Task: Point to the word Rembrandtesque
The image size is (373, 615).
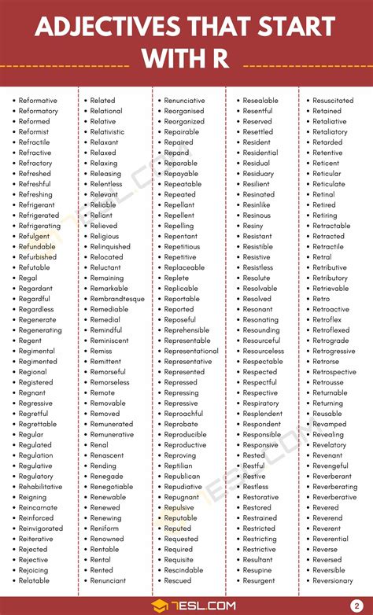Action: (117, 299)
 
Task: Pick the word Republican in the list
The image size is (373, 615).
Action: (182, 477)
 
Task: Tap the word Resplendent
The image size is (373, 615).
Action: (262, 414)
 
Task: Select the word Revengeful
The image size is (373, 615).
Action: (331, 466)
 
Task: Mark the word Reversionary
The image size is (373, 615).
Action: (333, 580)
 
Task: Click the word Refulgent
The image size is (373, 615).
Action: (34, 236)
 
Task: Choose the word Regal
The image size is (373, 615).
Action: (28, 278)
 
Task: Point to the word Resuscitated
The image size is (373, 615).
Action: (333, 101)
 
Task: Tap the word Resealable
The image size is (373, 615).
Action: (260, 101)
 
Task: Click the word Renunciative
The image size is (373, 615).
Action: (184, 101)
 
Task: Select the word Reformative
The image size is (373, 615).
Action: (38, 101)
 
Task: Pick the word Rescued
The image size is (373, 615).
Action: (178, 580)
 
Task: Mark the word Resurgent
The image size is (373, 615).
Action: (259, 580)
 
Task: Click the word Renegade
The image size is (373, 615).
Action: (106, 477)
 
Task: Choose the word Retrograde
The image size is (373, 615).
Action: (331, 341)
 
